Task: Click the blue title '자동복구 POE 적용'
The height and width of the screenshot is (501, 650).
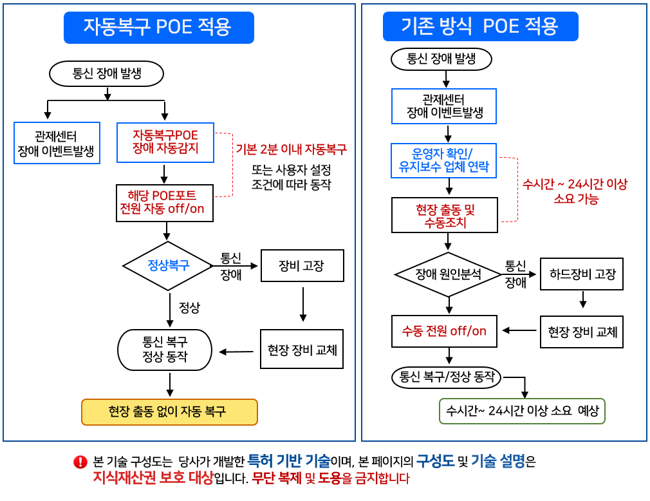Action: (x=158, y=27)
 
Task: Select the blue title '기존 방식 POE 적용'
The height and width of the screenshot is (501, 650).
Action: (x=480, y=26)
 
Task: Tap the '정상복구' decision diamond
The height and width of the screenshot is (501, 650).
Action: (x=168, y=265)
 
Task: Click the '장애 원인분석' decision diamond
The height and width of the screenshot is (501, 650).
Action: (x=448, y=274)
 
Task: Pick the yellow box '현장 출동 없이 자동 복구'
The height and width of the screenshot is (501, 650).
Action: (x=169, y=411)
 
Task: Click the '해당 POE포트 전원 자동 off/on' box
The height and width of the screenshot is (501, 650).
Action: (x=165, y=203)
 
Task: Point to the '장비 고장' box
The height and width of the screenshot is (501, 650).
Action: (x=302, y=265)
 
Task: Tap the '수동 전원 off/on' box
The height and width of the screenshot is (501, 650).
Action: (x=444, y=331)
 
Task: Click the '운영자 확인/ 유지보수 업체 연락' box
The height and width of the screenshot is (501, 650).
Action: (x=444, y=161)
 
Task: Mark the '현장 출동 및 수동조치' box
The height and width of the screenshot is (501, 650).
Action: (x=444, y=216)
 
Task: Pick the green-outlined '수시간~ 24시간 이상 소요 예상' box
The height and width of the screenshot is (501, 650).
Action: (x=522, y=411)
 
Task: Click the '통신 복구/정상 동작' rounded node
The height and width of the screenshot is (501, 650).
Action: (x=447, y=377)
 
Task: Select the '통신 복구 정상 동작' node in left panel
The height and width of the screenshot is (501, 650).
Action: (x=165, y=350)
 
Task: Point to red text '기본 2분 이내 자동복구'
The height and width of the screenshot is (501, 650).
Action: (x=292, y=149)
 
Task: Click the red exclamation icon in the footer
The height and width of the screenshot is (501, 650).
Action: (x=80, y=462)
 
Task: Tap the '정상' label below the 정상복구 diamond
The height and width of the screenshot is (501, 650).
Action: (x=189, y=308)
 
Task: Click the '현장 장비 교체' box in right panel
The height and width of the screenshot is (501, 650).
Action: (x=582, y=332)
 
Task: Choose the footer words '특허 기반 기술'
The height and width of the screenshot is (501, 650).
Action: (x=289, y=460)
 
